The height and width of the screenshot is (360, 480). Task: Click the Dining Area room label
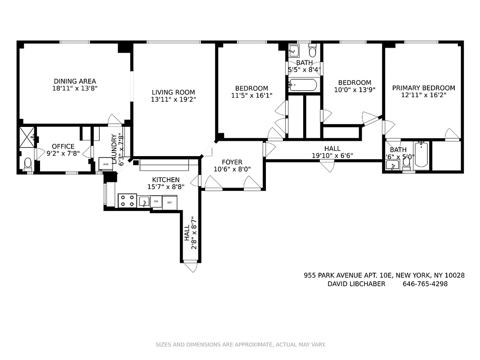pos(75,81)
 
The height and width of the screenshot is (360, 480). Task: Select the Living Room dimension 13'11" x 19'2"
pos(173,100)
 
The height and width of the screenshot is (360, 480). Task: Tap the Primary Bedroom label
pos(423,88)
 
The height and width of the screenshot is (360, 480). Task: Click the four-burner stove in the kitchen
pos(127,201)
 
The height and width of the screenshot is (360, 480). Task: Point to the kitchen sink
pos(144,201)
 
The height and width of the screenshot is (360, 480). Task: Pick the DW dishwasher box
pos(156,202)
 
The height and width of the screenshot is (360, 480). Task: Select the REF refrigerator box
pos(170,202)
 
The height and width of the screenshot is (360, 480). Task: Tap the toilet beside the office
pos(27,163)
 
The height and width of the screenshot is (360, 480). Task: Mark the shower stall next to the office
pos(27,135)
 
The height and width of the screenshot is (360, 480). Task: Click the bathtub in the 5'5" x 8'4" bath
pos(304,85)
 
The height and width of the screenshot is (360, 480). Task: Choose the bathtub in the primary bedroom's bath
pos(422,155)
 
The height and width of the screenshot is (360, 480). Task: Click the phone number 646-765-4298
pos(425,284)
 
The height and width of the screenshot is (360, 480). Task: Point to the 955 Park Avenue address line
pos(384,275)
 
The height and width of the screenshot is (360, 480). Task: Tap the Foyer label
pos(232,162)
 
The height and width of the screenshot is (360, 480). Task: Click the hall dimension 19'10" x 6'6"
pos(332,156)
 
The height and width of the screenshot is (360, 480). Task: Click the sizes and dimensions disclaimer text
pos(240,345)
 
